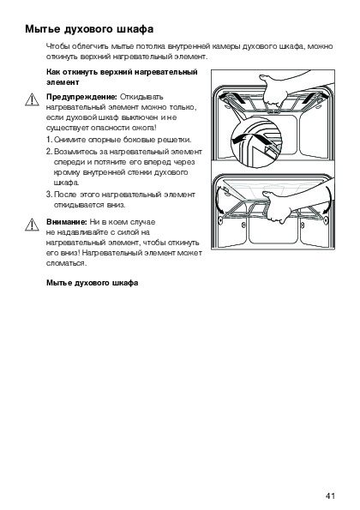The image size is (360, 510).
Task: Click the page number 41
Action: coord(330,495)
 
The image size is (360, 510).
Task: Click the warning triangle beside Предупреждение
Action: coord(32,99)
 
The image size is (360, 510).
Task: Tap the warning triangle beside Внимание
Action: coord(32,225)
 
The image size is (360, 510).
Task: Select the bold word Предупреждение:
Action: coord(82,97)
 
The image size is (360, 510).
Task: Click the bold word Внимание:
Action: coord(67,222)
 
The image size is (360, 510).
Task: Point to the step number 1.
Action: coord(49,140)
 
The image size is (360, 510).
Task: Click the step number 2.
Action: coord(49,152)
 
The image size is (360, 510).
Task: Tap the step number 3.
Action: coord(49,195)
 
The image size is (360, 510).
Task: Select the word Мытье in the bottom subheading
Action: coord(59,283)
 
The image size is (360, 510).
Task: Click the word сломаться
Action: coord(66,263)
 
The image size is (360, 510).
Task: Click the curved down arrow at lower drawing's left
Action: coord(219,200)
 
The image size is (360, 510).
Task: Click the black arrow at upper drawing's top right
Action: coord(315,97)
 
